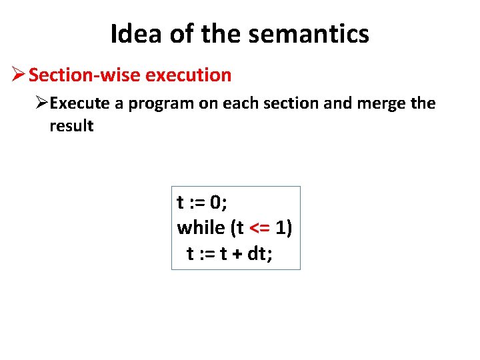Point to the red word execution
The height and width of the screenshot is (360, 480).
(x=188, y=75)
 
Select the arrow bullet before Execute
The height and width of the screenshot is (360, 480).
(x=42, y=103)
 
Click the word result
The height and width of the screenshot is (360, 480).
(x=71, y=126)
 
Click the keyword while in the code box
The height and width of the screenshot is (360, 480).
(x=201, y=228)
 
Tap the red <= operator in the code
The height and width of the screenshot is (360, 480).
(x=259, y=229)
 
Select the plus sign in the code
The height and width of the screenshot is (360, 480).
(x=235, y=255)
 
